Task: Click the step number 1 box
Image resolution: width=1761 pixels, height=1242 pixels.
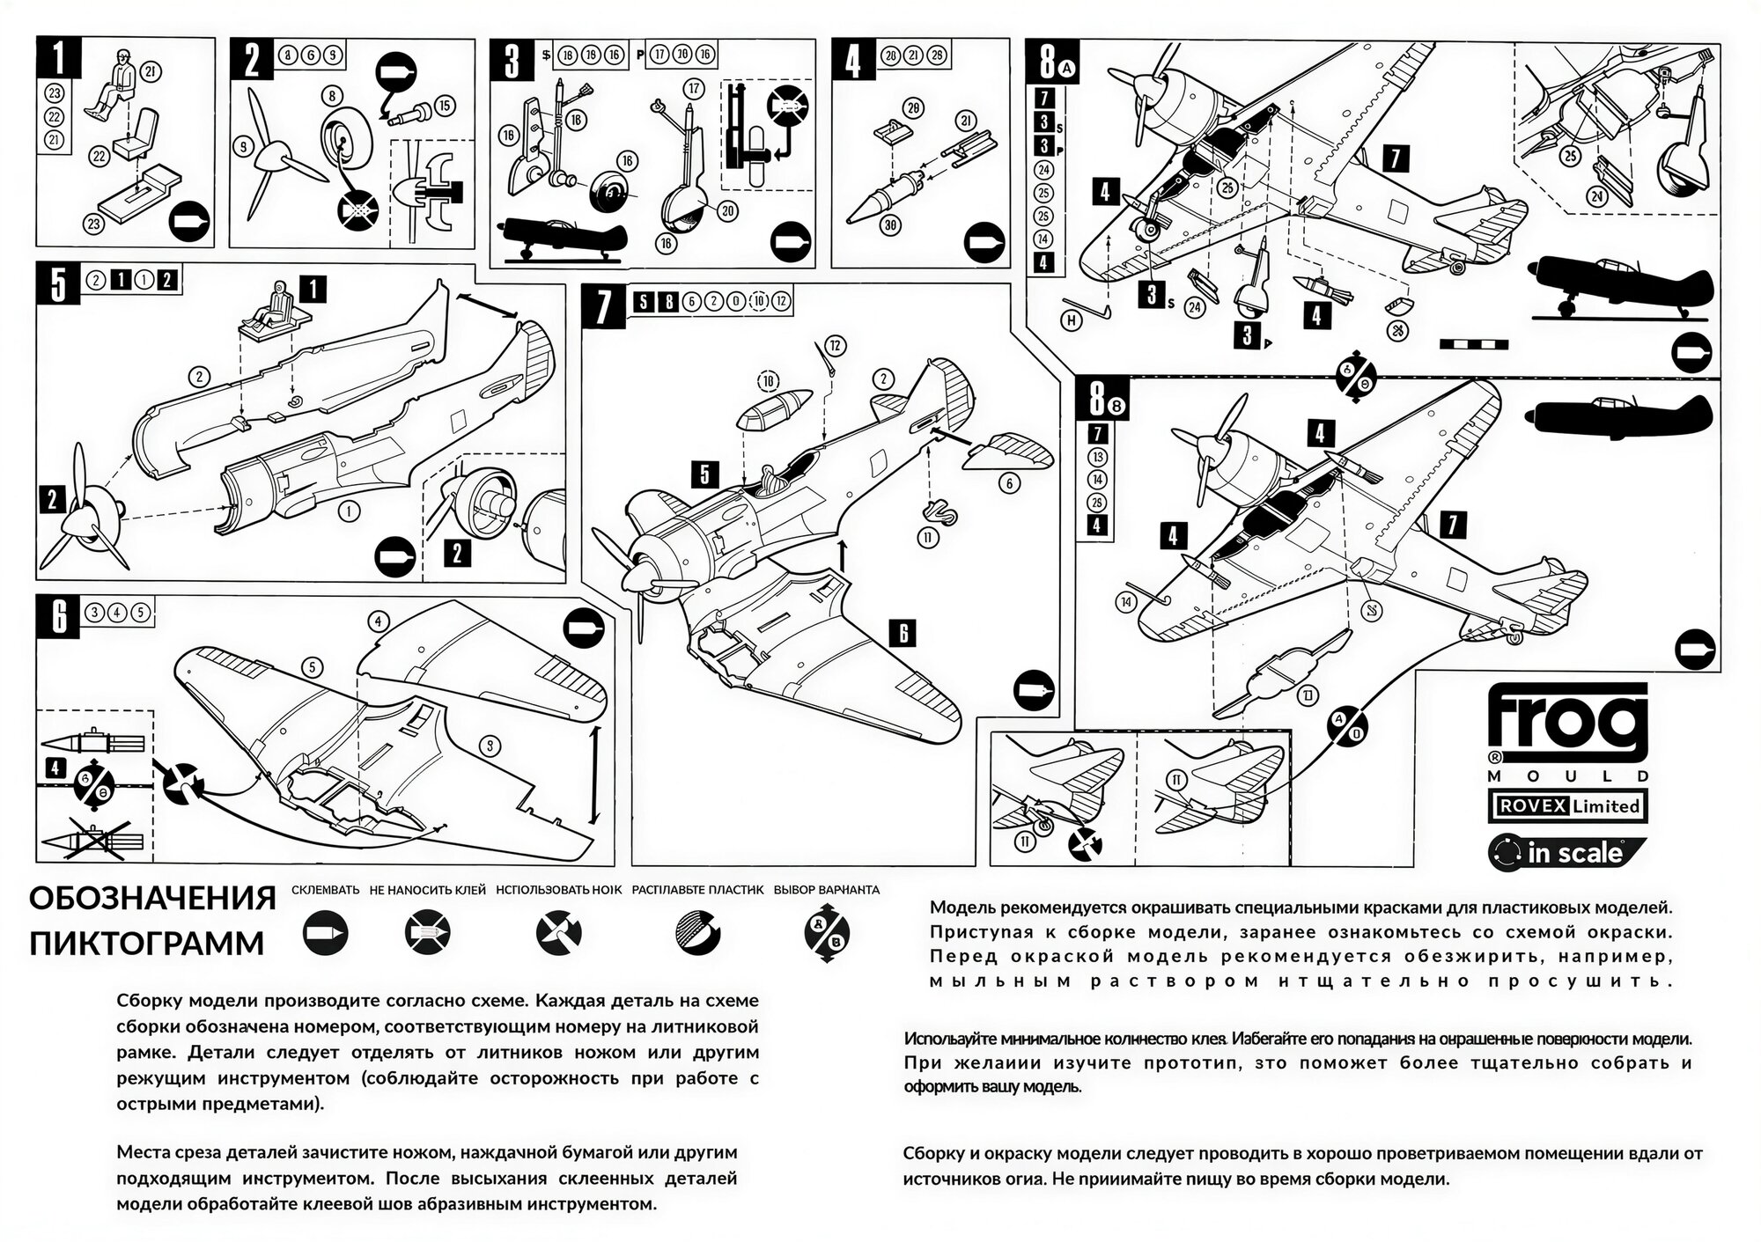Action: [59, 58]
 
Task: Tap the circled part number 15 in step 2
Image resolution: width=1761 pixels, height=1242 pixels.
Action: [444, 106]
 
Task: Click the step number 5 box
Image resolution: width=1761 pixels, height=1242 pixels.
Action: [58, 284]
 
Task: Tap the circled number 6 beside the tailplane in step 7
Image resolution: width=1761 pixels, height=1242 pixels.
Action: [1009, 482]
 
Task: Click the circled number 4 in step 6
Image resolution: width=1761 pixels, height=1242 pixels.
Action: [378, 621]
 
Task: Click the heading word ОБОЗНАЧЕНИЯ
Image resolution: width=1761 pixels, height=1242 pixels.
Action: [152, 900]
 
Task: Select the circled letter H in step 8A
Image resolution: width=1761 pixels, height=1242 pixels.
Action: [1072, 321]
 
